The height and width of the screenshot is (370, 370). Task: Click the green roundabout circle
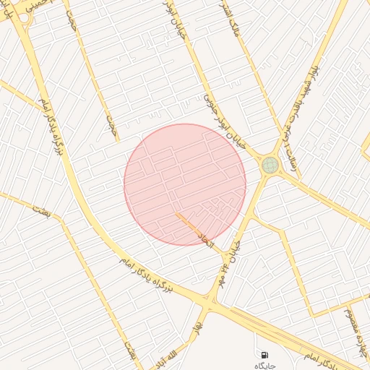[270, 165]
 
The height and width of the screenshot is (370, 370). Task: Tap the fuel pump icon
[265, 356]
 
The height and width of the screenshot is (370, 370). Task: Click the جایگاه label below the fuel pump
[265, 366]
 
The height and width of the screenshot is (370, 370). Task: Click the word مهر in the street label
[220, 281]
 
